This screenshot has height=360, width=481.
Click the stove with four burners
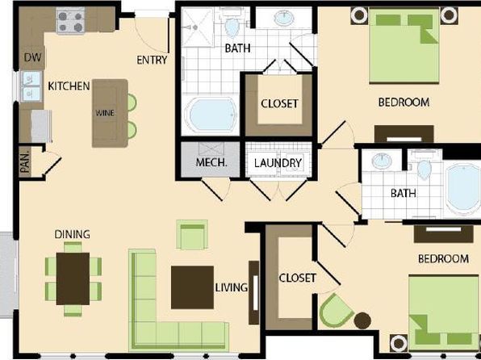[71, 20]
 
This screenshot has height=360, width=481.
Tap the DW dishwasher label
[32, 57]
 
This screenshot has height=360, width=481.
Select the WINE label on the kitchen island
[105, 113]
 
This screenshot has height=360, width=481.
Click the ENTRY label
[152, 60]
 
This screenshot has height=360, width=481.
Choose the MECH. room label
[211, 162]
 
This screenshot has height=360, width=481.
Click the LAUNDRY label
[278, 163]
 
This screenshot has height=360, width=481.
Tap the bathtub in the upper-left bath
[211, 115]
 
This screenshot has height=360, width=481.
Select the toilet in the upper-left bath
[232, 24]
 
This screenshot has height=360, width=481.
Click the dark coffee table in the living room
[192, 287]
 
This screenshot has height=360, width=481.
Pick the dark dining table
[73, 278]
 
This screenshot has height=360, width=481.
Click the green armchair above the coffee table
[192, 235]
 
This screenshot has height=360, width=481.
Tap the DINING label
[73, 234]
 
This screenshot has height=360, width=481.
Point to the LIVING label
[232, 287]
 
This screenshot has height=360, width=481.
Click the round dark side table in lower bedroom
[362, 320]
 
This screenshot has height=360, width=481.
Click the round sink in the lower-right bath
[382, 161]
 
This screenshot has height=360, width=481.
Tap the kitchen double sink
[31, 86]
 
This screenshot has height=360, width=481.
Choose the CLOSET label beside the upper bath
[279, 103]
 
